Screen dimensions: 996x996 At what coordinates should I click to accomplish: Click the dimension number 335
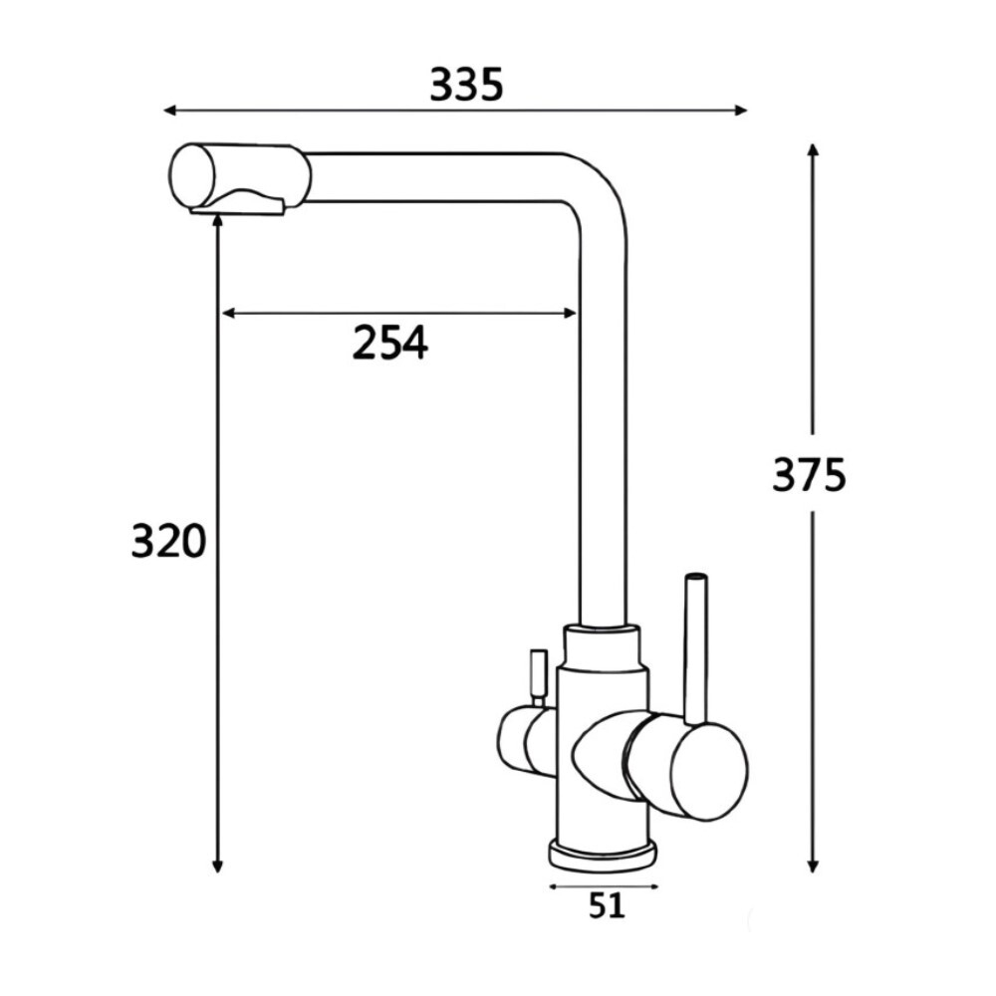click(466, 87)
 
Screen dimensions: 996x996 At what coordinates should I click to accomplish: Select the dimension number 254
click(389, 344)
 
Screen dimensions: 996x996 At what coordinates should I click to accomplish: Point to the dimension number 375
click(809, 475)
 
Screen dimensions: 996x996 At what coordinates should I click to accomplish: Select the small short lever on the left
click(538, 675)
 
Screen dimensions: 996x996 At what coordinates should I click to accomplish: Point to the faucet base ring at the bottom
click(602, 854)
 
